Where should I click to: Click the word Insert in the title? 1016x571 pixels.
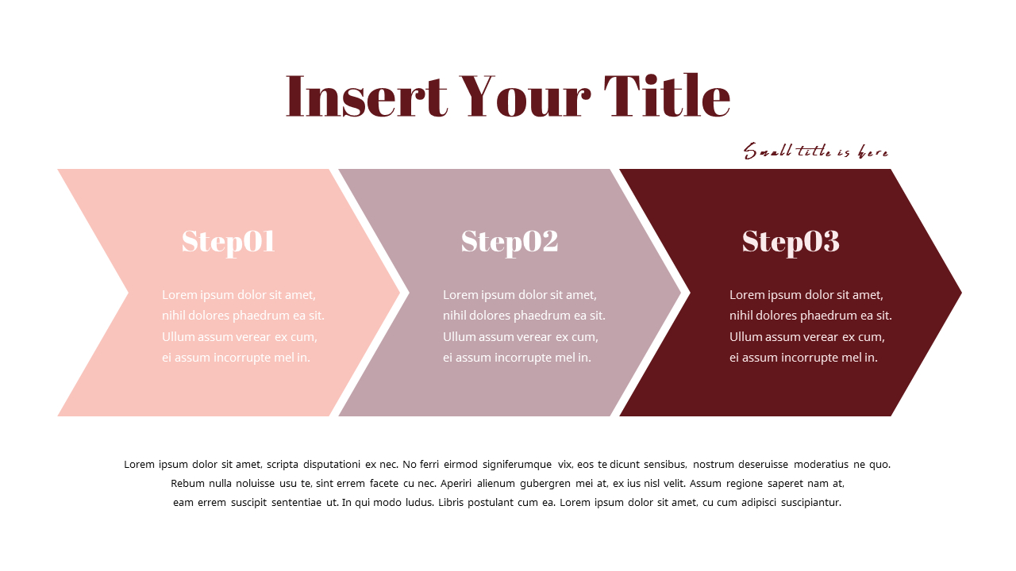click(x=366, y=97)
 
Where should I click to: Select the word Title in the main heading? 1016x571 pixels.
click(x=666, y=97)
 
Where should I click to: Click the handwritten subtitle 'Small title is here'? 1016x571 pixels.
click(x=815, y=151)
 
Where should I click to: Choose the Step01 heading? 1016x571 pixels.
click(x=228, y=241)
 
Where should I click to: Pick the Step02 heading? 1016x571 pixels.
click(x=509, y=241)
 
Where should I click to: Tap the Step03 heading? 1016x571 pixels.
click(x=790, y=241)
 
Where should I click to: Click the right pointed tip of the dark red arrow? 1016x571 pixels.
click(x=958, y=293)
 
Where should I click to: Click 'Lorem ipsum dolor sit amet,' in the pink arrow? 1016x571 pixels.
click(x=239, y=295)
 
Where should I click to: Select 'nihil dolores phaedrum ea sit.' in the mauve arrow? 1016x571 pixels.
click(x=524, y=316)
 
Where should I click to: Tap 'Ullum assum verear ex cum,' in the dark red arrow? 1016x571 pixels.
click(x=806, y=336)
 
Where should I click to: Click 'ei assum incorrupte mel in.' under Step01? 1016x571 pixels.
click(x=236, y=358)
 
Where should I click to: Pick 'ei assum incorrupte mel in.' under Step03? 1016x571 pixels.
click(x=803, y=358)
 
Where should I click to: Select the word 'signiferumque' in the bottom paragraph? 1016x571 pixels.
click(x=517, y=465)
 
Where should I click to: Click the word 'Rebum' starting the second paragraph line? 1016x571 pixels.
click(x=187, y=483)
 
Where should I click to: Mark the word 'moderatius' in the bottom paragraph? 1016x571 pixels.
click(x=821, y=465)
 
